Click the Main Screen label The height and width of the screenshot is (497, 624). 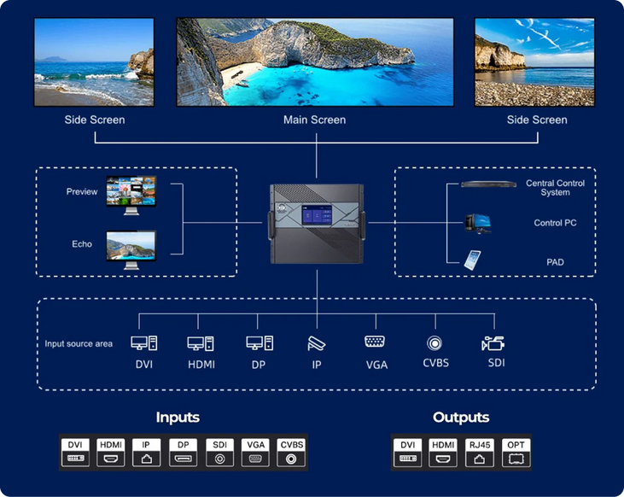pos(314,120)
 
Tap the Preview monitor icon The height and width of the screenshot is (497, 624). pos(131,195)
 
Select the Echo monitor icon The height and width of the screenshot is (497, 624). pos(131,248)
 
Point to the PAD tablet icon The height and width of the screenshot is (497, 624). pos(472,260)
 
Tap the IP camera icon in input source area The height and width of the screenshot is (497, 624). pos(316,342)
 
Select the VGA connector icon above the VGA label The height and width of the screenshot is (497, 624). pos(375,342)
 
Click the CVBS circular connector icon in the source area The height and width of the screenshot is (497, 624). pos(434,342)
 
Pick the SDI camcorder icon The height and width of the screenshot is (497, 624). pos(493,342)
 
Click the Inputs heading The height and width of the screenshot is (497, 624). pos(178,418)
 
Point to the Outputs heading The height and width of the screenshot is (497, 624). pos(461,418)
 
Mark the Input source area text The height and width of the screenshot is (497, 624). pos(79,344)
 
